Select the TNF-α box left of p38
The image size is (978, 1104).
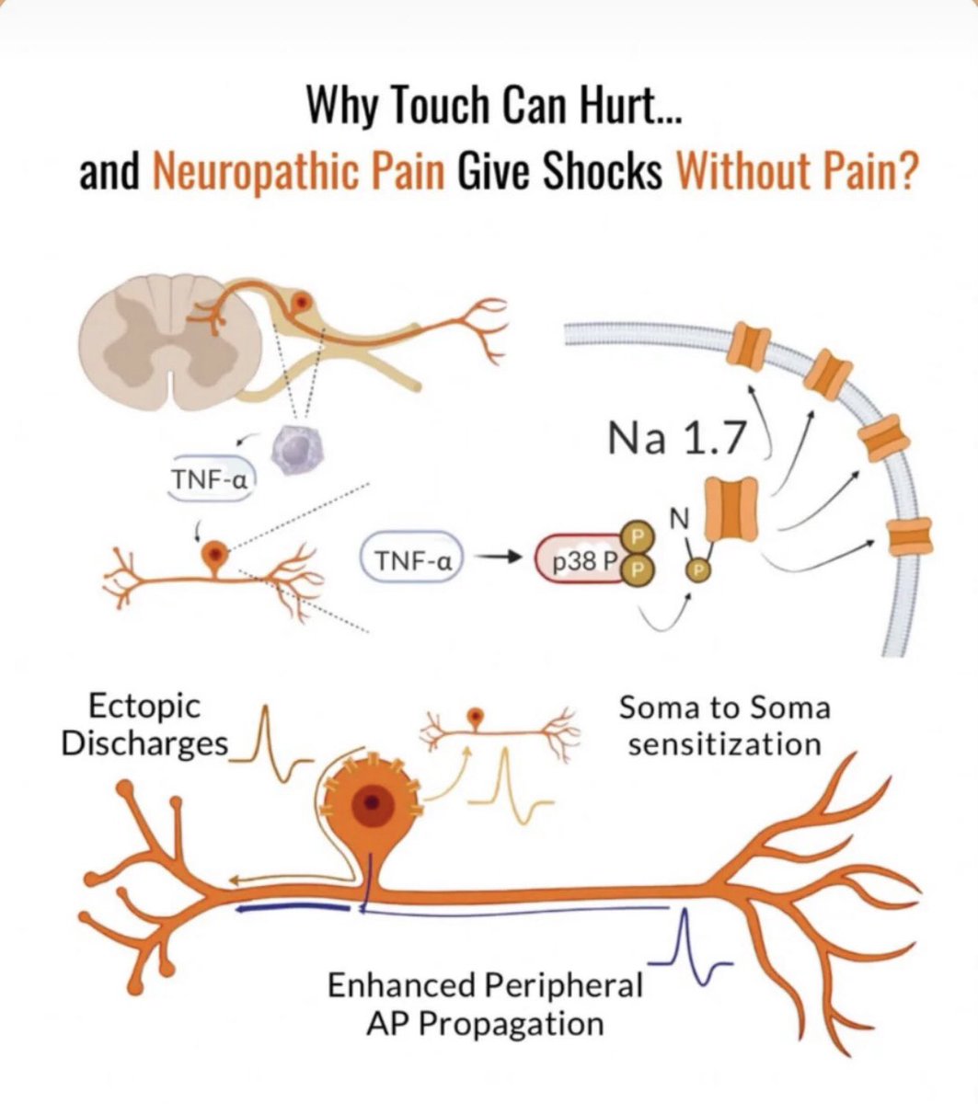click(412, 560)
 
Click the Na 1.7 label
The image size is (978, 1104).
click(675, 439)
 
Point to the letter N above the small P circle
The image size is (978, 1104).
click(678, 520)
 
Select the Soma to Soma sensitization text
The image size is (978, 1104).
click(724, 725)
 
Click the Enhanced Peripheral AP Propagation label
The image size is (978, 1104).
click(485, 1004)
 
